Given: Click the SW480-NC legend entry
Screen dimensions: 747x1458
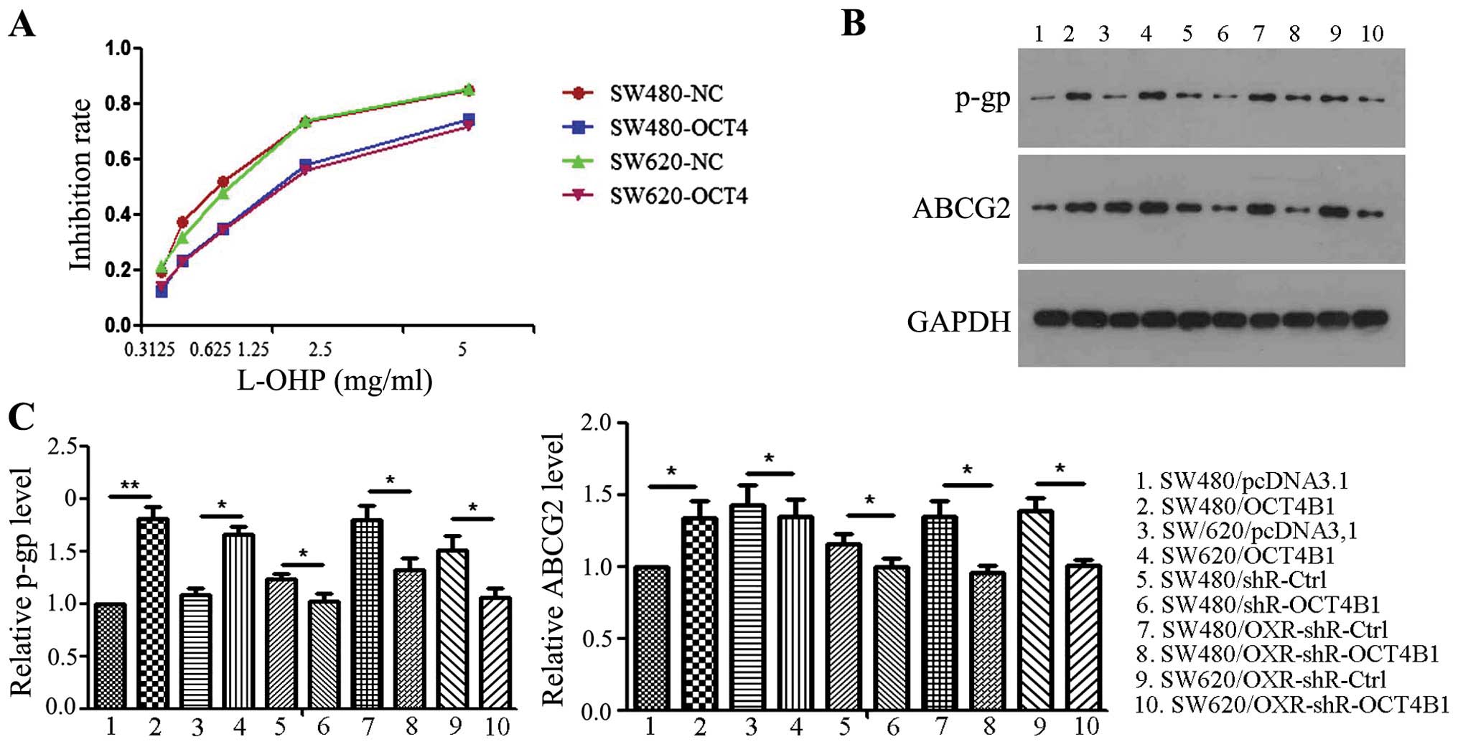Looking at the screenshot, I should point(666,93).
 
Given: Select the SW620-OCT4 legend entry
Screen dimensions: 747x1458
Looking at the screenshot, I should point(678,196).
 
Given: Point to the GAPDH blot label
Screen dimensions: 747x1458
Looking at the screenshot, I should point(958,322).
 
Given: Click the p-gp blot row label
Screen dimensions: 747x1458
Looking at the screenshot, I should point(982,98).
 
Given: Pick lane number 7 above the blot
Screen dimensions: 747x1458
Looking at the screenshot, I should point(1258,34).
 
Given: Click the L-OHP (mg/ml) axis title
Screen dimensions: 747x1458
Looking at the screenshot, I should point(335,380).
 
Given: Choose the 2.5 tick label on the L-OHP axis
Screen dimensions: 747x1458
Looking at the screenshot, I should point(320,349).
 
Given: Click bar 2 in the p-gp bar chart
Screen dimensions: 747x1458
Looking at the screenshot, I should point(153,612).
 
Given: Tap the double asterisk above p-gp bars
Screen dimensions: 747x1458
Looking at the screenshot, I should point(130,486).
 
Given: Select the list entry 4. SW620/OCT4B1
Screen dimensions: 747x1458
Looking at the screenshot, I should point(1247,555).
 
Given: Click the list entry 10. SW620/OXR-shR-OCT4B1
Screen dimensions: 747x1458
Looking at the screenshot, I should point(1291,705).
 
